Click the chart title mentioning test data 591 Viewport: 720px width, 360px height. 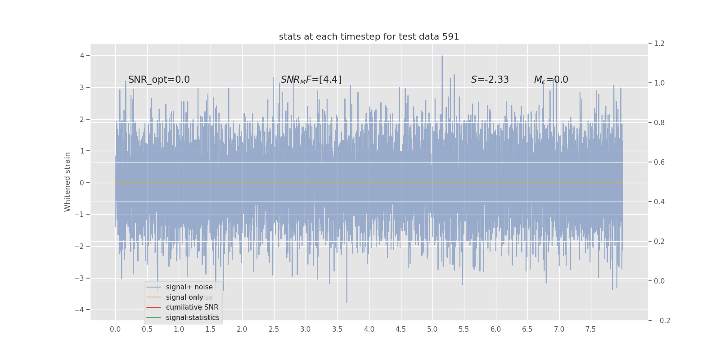coord(369,37)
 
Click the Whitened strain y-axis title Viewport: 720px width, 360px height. coord(67,182)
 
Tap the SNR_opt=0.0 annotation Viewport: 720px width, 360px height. coord(159,80)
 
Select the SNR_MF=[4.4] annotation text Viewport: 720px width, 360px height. coord(311,80)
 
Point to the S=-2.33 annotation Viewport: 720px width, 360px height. coord(490,80)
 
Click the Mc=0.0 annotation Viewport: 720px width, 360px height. coord(551,80)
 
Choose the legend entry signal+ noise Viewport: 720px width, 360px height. coord(189,287)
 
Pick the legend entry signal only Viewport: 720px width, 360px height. coord(184,297)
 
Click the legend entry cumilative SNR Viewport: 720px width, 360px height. coord(192,307)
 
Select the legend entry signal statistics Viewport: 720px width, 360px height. coord(193,318)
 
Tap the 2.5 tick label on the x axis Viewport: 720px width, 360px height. coord(274,329)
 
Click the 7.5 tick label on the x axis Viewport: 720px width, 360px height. coord(590,329)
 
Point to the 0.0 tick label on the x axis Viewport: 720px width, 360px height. coord(115,329)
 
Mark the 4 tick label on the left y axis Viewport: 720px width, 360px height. coord(82,56)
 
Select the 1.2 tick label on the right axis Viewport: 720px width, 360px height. coord(659,44)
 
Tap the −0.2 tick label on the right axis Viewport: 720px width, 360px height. coord(662,320)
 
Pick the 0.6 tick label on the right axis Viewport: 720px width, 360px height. coord(659,162)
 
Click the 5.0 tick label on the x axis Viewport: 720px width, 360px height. coord(432,329)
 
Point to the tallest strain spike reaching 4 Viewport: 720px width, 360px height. coord(442,57)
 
